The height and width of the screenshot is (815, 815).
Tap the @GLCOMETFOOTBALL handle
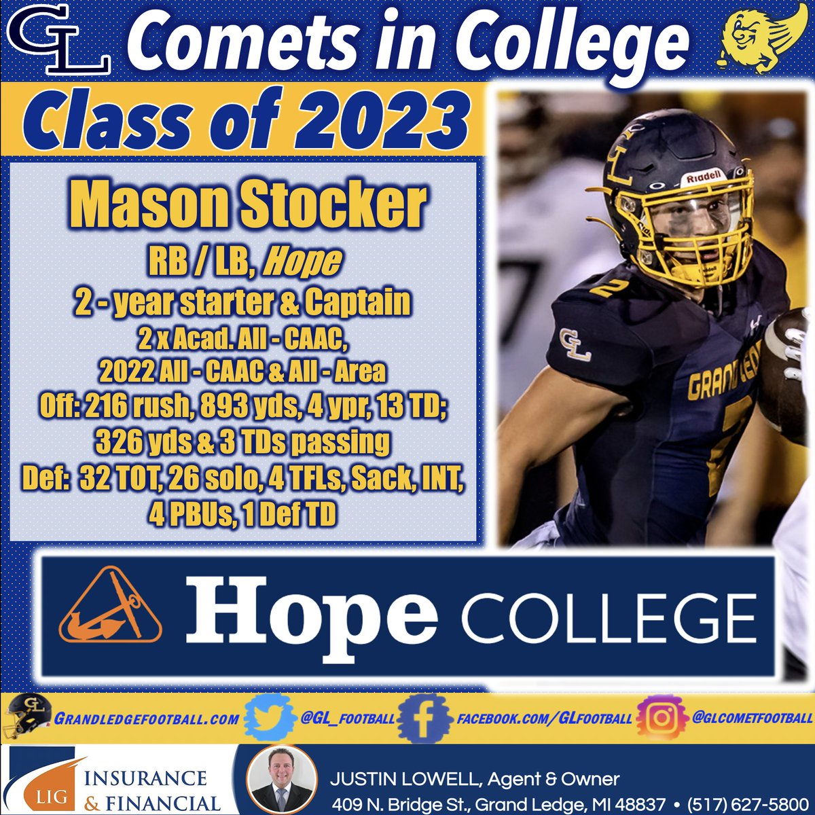751,718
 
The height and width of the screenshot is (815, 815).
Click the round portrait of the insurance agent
280,780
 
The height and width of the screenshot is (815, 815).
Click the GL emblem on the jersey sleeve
575,344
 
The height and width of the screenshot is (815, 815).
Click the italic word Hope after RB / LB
302,263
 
